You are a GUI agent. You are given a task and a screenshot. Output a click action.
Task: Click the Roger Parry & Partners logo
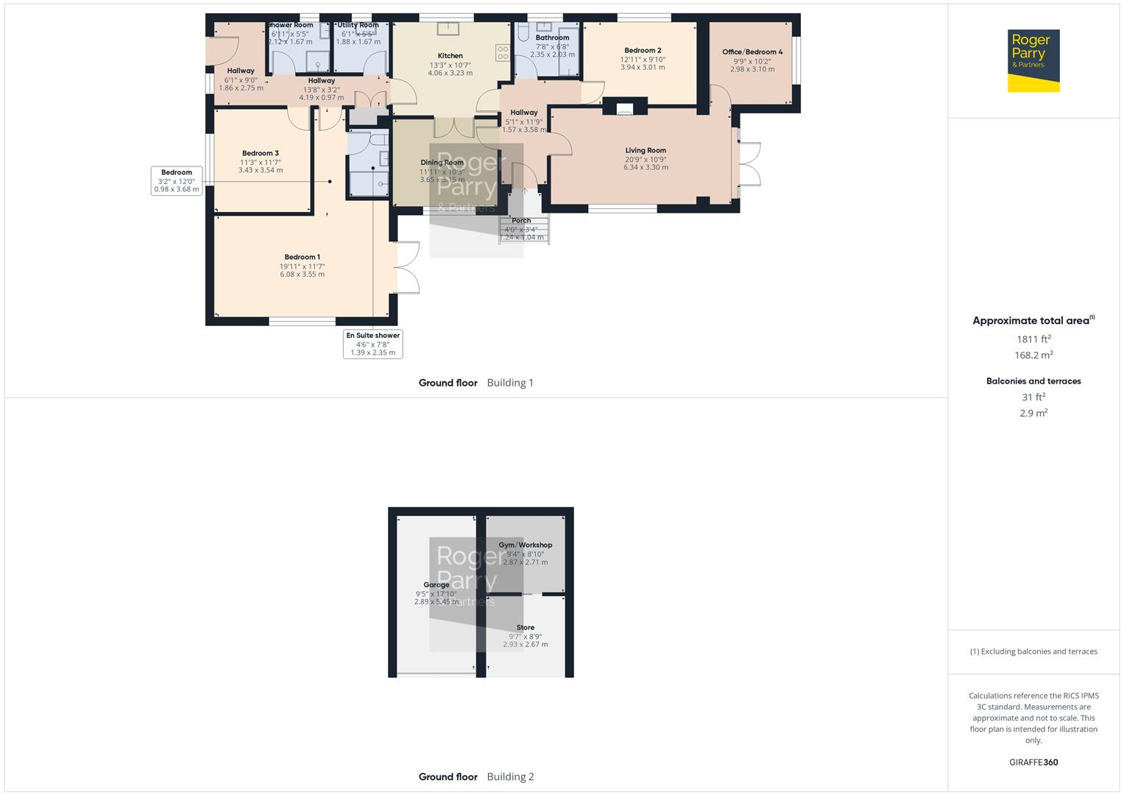click(x=1033, y=60)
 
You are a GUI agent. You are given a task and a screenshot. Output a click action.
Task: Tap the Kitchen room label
click(x=450, y=56)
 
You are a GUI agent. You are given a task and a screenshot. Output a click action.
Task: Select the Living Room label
click(x=646, y=151)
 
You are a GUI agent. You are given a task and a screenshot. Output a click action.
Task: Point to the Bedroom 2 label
click(x=643, y=51)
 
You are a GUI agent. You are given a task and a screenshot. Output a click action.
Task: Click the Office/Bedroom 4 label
click(x=752, y=52)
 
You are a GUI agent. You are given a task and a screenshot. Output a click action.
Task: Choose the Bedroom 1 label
click(x=302, y=258)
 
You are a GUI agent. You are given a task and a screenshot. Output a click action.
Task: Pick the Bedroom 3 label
click(x=261, y=154)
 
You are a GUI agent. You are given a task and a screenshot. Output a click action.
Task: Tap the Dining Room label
click(x=442, y=163)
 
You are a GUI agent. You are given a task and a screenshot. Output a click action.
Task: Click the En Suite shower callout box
click(x=372, y=344)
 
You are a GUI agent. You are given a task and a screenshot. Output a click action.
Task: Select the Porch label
click(x=521, y=221)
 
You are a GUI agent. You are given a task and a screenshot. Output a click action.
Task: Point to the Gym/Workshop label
click(x=525, y=545)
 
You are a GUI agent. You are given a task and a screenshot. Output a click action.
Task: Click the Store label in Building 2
click(x=525, y=628)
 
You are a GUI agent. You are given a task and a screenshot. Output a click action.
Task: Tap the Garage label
click(x=436, y=585)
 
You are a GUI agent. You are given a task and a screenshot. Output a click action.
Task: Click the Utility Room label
click(x=358, y=25)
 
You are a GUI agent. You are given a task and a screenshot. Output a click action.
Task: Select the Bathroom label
click(x=552, y=38)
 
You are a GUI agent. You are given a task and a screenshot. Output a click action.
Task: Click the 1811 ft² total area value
click(x=1033, y=339)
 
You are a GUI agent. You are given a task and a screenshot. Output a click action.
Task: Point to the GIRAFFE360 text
click(x=1033, y=763)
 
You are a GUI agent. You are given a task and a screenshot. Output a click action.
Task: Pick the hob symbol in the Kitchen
click(x=503, y=52)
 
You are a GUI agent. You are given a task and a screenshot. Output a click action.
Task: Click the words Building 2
click(x=510, y=777)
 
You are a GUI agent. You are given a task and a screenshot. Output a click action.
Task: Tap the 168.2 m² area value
click(x=1033, y=356)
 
